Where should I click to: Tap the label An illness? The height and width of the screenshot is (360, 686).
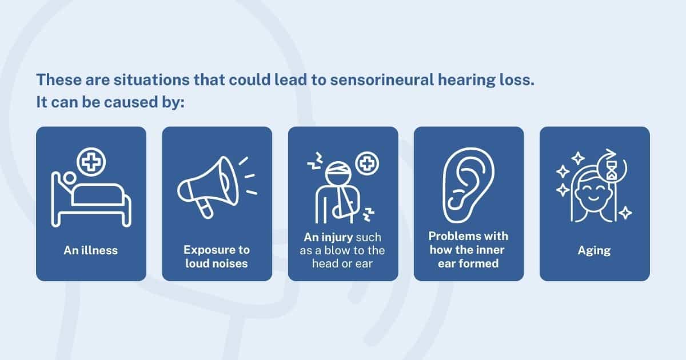point(91,250)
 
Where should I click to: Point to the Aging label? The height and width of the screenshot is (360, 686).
point(595,250)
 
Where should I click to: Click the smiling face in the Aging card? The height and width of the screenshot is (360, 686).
point(595,194)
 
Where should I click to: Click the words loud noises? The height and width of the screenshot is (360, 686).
point(217,263)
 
